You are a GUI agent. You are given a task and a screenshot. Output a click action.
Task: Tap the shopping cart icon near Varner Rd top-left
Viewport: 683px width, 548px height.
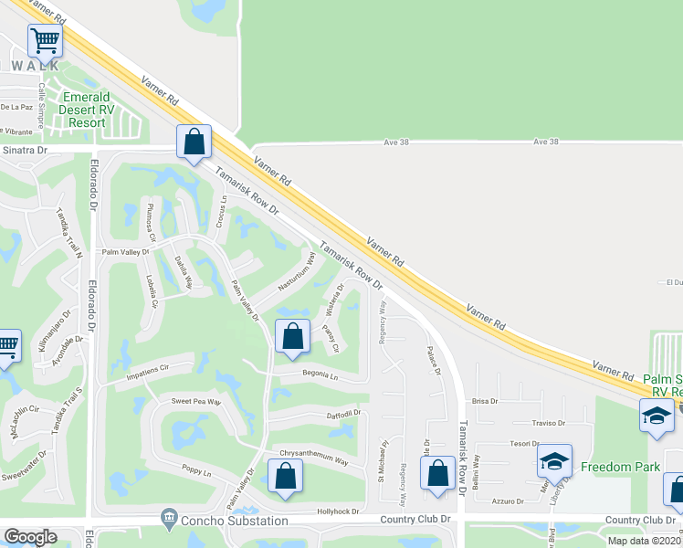(x=45, y=40)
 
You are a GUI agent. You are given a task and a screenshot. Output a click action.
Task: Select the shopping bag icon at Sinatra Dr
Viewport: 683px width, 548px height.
(x=194, y=142)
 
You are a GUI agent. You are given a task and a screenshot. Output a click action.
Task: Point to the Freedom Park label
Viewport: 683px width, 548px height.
(x=621, y=467)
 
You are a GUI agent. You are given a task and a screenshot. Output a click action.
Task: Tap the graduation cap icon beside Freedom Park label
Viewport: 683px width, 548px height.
(x=554, y=461)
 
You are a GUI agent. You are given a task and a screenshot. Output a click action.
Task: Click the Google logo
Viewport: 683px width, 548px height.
(x=30, y=537)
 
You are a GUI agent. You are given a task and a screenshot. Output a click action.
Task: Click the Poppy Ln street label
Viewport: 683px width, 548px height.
(x=195, y=472)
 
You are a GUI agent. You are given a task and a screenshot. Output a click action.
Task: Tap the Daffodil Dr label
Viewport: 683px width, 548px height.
(x=344, y=414)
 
